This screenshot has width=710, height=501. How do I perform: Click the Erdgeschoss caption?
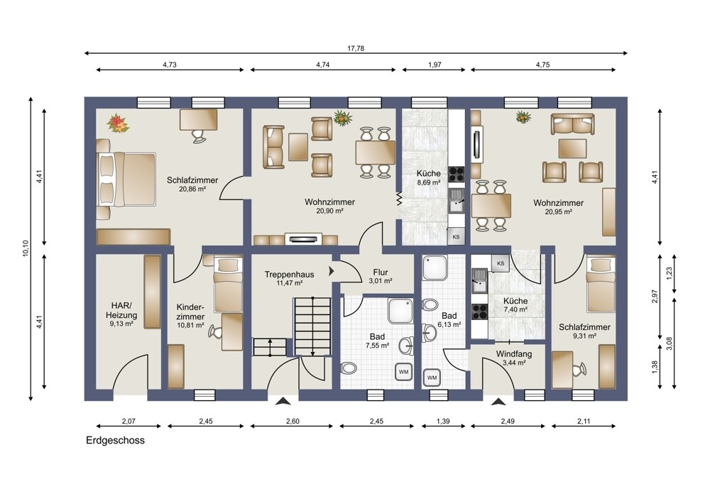tap(116, 441)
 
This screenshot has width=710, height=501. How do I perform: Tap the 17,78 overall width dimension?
tap(356, 48)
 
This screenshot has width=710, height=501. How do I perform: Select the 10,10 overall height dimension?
tap(26, 248)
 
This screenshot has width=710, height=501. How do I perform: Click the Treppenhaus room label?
tap(290, 275)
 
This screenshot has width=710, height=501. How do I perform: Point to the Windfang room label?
tap(513, 354)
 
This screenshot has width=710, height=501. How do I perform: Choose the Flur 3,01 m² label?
tap(381, 277)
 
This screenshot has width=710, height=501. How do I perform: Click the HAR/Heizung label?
tap(121, 311)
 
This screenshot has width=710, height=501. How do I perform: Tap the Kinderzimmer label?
tap(190, 312)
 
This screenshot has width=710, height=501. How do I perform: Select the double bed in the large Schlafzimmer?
tap(126, 180)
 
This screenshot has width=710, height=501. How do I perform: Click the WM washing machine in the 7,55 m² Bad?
tap(403, 372)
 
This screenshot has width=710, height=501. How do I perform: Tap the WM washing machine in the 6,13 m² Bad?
tap(432, 378)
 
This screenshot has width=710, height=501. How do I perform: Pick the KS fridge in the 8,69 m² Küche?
tap(456, 236)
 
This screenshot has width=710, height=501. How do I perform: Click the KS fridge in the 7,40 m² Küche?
tap(501, 263)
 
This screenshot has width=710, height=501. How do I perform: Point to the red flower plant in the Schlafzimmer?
tap(118, 123)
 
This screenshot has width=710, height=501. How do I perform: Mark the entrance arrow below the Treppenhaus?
tap(283, 401)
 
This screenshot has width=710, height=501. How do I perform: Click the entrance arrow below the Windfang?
tap(498, 401)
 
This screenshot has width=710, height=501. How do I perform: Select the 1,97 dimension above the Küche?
tap(435, 65)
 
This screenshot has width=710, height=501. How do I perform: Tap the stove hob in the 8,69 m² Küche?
tap(456, 175)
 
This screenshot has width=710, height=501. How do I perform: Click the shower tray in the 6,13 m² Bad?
tap(435, 268)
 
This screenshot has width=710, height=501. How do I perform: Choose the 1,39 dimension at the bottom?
tap(443, 422)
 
